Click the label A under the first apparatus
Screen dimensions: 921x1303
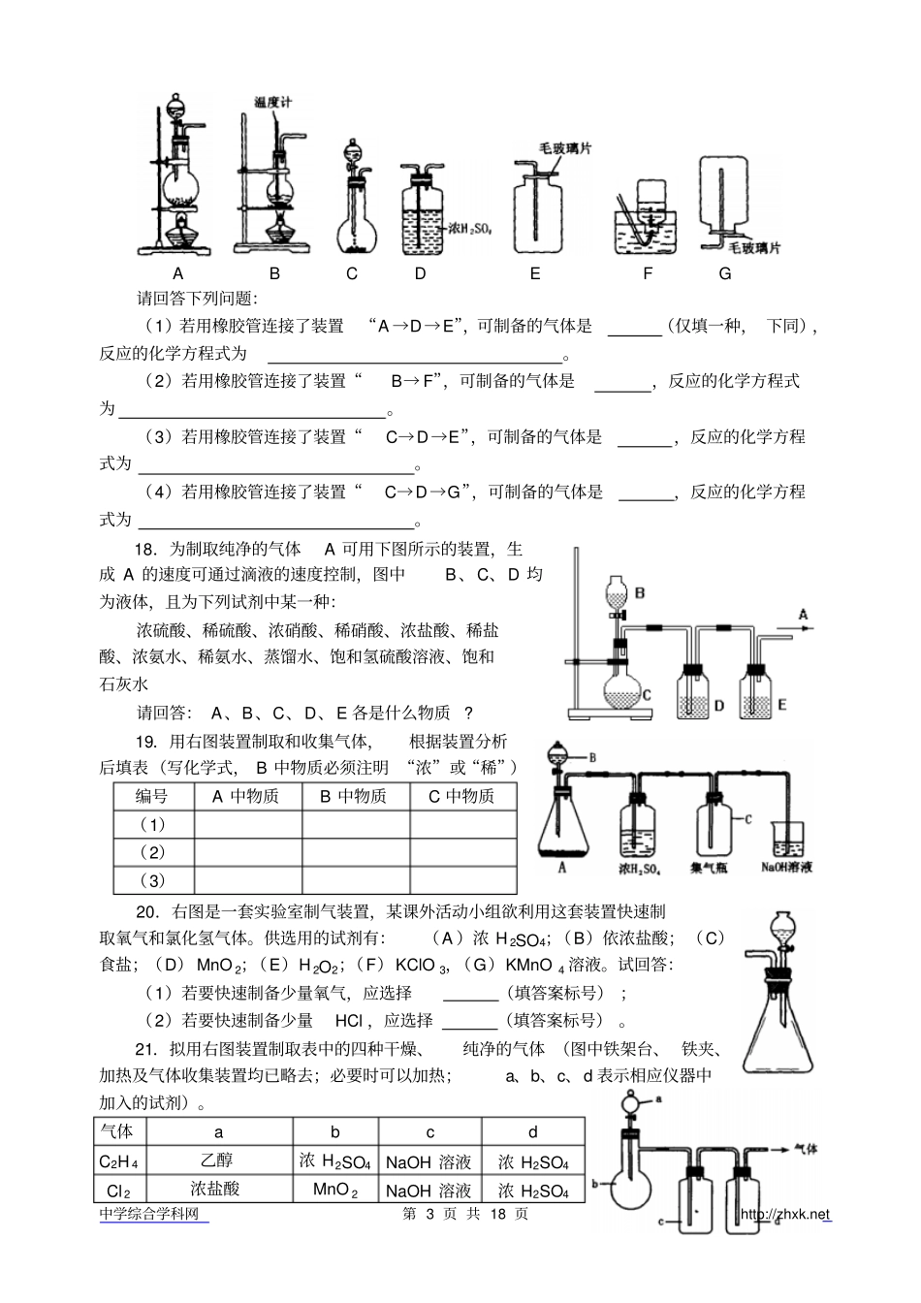click(x=177, y=273)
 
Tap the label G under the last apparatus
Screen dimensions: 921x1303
click(x=724, y=273)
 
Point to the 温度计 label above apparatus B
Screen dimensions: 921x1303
click(x=271, y=102)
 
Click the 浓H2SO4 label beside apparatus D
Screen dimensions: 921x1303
click(x=469, y=230)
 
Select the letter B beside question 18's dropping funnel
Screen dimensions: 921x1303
click(x=640, y=592)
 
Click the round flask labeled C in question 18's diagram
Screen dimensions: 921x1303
click(x=621, y=691)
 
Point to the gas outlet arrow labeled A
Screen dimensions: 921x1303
click(x=801, y=615)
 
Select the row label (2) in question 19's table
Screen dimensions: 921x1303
click(x=152, y=852)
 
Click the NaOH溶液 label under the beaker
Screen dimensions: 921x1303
click(x=786, y=867)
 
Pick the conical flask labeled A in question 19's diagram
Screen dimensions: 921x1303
click(x=562, y=824)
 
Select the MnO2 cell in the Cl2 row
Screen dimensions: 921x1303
click(x=334, y=1189)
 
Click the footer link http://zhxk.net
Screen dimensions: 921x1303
click(x=785, y=1215)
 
